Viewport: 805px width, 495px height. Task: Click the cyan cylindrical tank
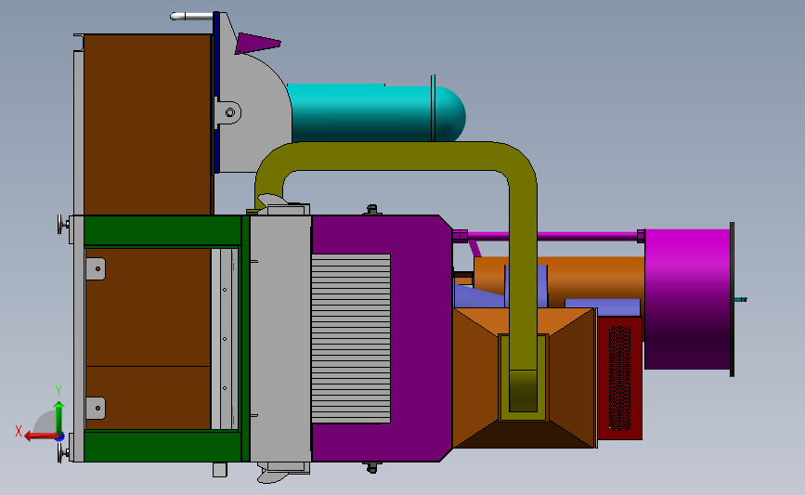[x=371, y=111]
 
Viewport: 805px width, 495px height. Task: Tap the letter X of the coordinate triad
[x=19, y=431]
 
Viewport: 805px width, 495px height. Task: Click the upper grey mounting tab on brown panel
[x=95, y=267]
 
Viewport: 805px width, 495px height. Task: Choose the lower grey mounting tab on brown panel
[x=95, y=407]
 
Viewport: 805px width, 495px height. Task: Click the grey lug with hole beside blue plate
[x=228, y=112]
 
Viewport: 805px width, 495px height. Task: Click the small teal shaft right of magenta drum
[x=740, y=299]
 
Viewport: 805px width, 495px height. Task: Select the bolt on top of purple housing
[x=373, y=210]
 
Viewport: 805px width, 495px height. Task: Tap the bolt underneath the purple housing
[x=373, y=466]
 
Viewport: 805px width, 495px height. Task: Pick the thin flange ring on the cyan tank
[x=433, y=109]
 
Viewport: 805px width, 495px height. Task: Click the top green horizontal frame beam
[x=162, y=231]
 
